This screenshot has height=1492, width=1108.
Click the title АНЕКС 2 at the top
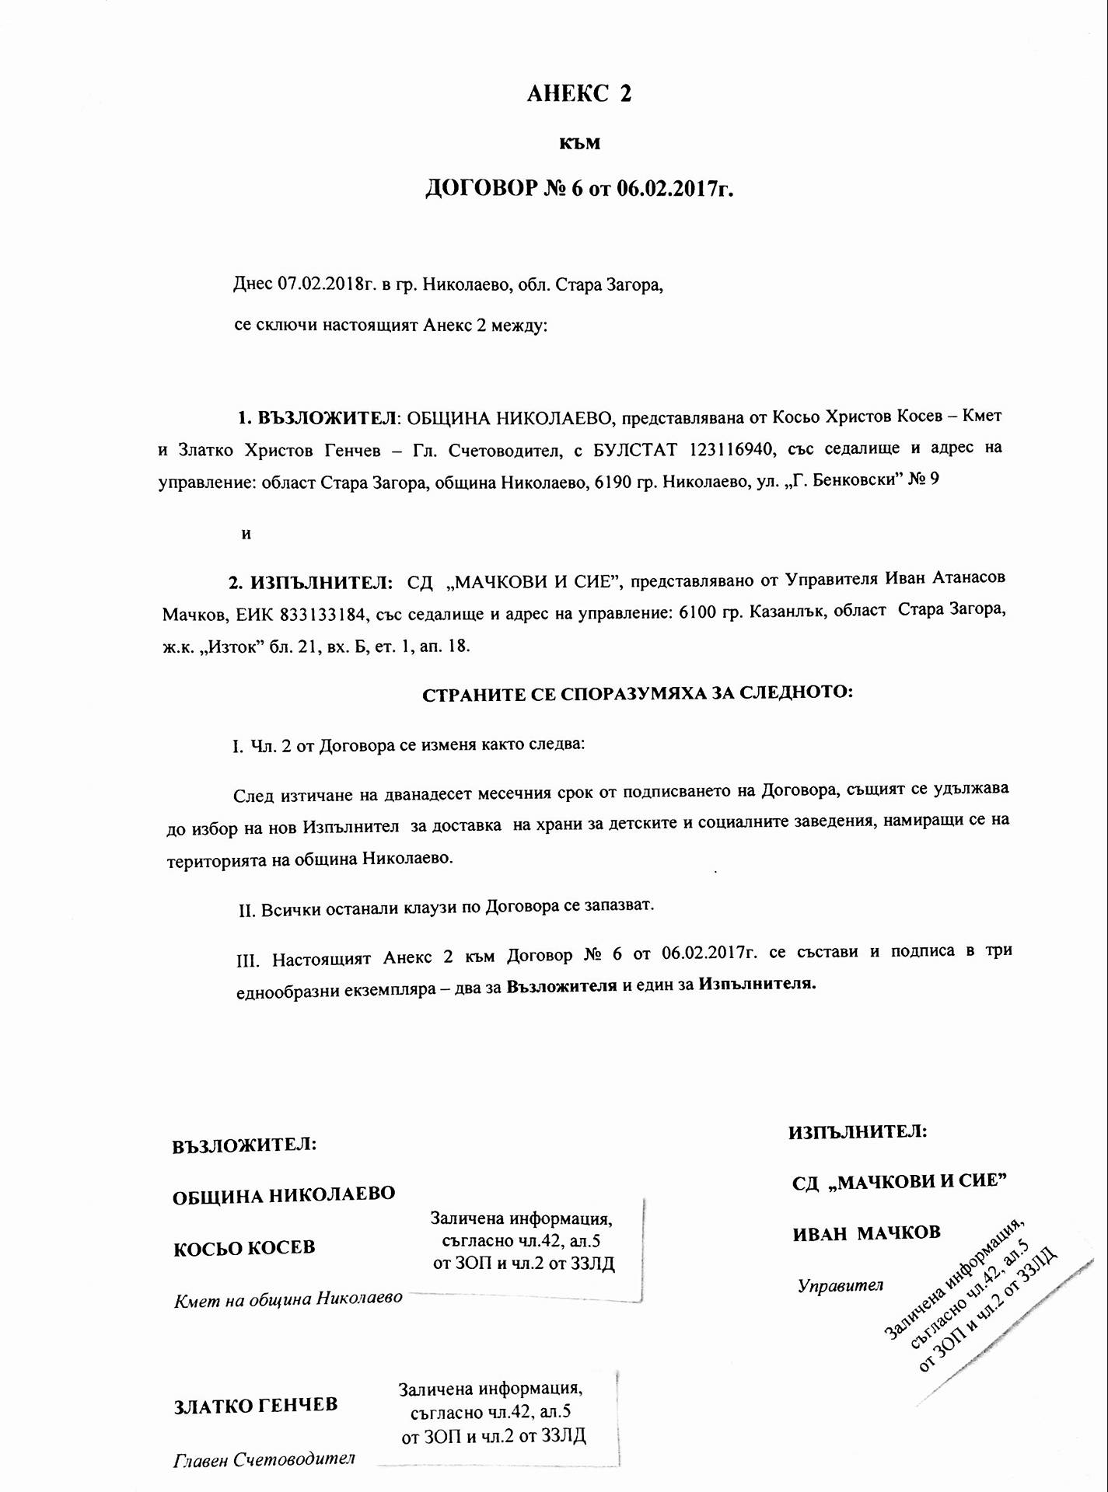[579, 94]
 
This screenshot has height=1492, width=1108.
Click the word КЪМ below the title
[580, 144]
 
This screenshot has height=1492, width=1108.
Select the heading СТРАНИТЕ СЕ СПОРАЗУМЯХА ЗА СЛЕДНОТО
[638, 693]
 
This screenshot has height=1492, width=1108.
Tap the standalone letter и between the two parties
[246, 535]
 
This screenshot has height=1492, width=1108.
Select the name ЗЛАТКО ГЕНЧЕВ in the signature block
[255, 1405]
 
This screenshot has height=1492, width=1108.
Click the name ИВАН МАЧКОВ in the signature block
[866, 1232]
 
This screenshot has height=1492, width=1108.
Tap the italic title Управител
[841, 1285]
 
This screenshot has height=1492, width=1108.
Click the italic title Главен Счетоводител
[264, 1459]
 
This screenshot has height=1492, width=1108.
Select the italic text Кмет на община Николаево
[288, 1299]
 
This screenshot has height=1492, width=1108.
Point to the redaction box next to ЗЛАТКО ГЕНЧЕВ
[493, 1412]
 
